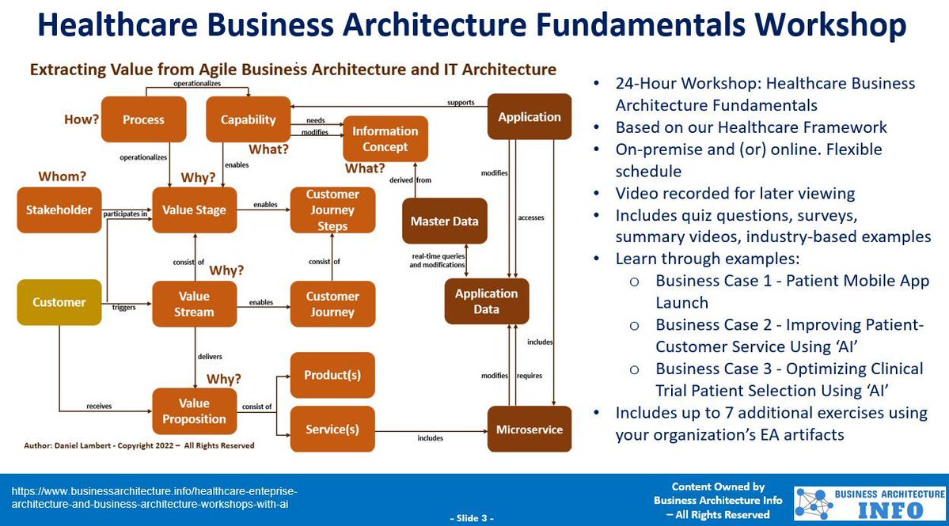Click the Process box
(143, 119)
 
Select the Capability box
(248, 119)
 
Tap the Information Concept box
(385, 138)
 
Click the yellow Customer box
(59, 302)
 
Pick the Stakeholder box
(59, 210)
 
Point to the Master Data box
(444, 221)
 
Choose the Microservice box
(529, 430)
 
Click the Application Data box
(486, 301)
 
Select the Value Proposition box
(194, 411)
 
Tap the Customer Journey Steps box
(332, 210)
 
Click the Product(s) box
(332, 374)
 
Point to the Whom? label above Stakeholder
(58, 176)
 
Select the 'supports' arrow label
(461, 102)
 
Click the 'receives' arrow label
(99, 406)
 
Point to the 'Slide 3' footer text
(472, 518)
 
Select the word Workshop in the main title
(829, 25)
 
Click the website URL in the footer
(154, 498)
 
